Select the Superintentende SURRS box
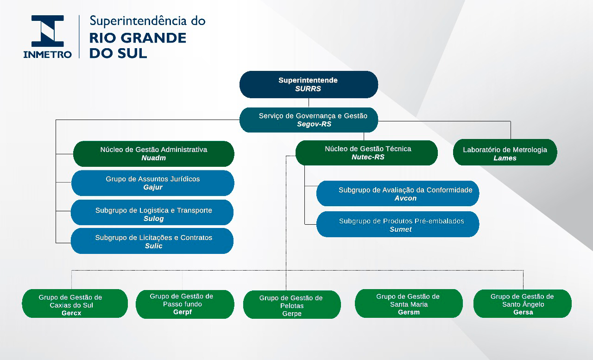click(309, 84)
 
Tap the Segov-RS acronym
click(314, 124)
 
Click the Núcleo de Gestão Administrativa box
click(153, 154)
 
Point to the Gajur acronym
click(153, 188)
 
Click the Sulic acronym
click(153, 246)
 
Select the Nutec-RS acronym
click(368, 157)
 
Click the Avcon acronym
click(405, 198)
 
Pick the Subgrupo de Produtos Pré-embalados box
click(397, 224)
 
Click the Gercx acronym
click(71, 313)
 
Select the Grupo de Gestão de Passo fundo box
click(184, 304)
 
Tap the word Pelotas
click(292, 306)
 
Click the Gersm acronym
click(409, 312)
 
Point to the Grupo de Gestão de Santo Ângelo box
click(523, 304)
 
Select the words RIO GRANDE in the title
click(138, 38)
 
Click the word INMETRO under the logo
click(48, 54)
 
